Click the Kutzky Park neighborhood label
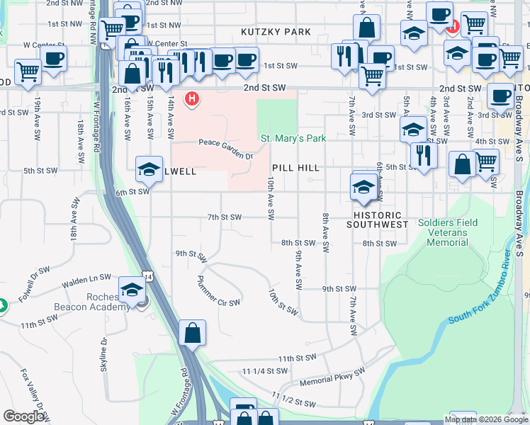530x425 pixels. tap(276, 32)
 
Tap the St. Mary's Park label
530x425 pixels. tap(293, 138)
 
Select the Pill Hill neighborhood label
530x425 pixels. tap(295, 168)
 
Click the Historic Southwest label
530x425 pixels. tap(377, 220)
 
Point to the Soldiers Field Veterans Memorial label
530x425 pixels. tap(447, 232)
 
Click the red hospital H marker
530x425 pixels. tap(191, 99)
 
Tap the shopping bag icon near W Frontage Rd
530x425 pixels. tap(192, 332)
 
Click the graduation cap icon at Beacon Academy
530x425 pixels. tap(132, 289)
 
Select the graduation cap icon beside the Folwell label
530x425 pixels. tap(150, 169)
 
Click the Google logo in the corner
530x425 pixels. tap(23, 416)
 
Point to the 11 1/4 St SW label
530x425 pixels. tap(264, 370)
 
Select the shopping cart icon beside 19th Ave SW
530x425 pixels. tap(27, 71)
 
